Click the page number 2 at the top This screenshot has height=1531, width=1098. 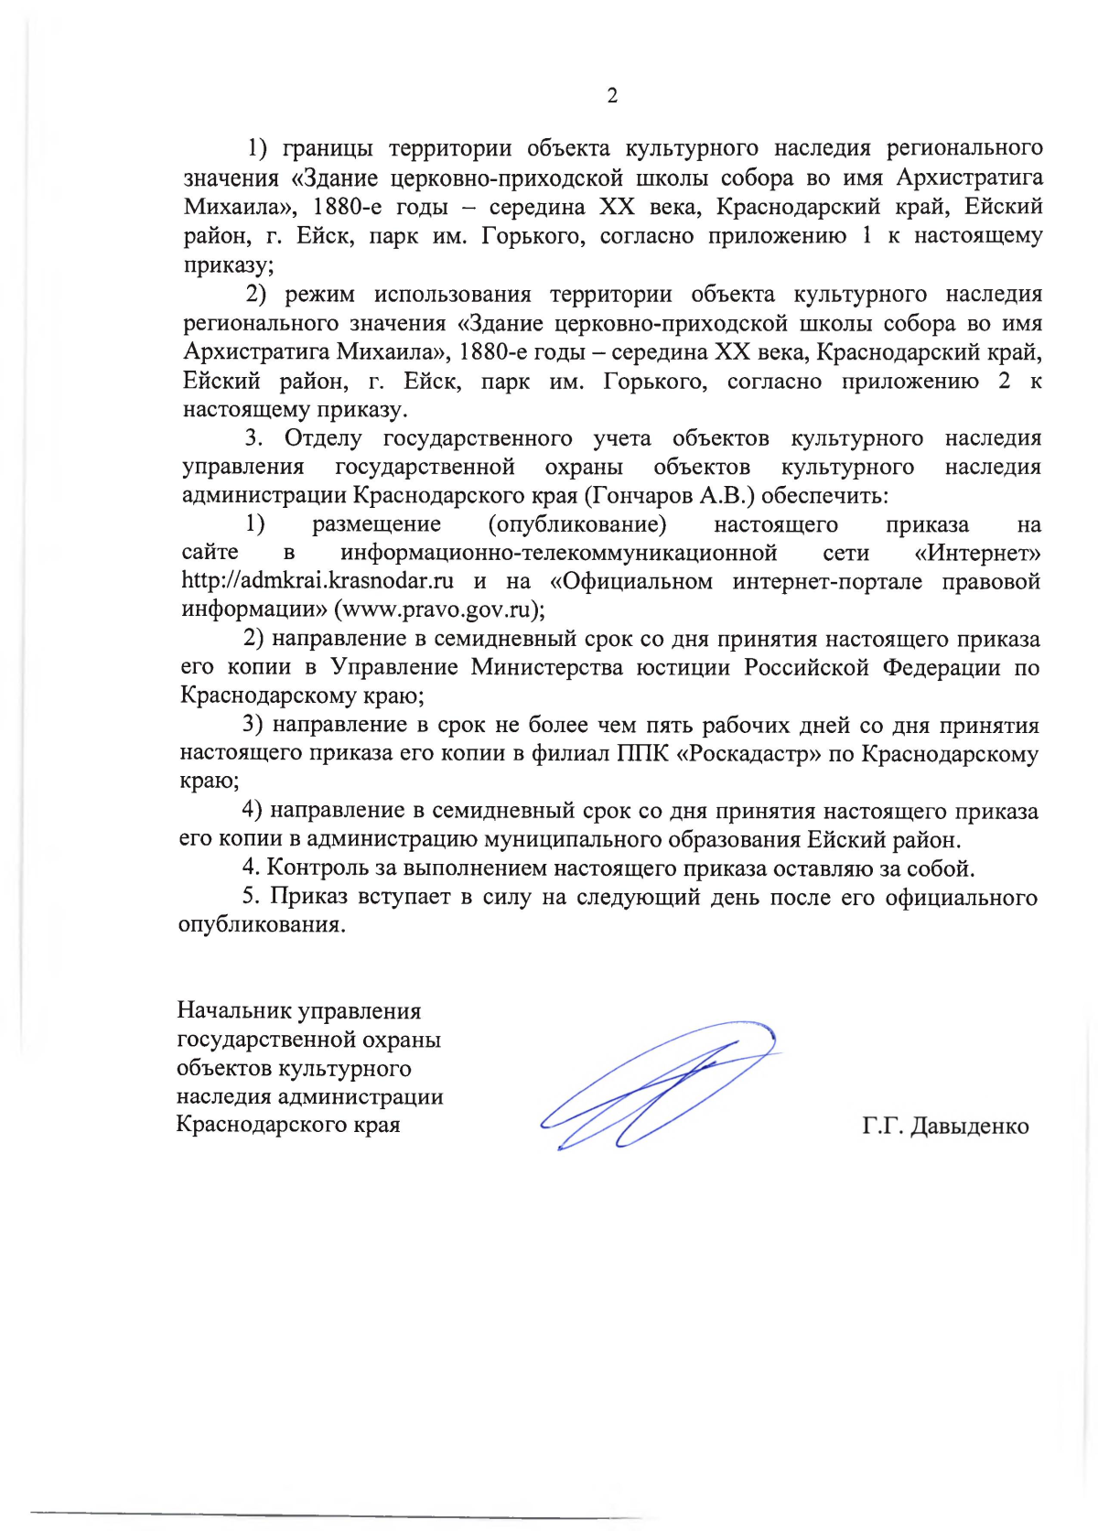coord(612,95)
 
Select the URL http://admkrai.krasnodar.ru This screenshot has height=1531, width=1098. coord(318,581)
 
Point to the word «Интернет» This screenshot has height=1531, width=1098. coord(977,553)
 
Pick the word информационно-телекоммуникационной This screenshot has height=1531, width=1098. coord(558,553)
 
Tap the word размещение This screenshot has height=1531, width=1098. coord(376,524)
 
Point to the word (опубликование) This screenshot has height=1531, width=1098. coord(576,524)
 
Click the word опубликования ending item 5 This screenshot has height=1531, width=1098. coord(262,924)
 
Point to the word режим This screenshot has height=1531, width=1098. coord(319,295)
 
